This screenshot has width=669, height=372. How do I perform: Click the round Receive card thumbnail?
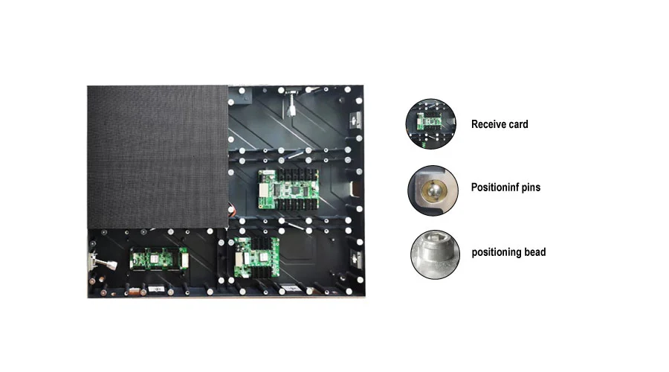tap(431, 124)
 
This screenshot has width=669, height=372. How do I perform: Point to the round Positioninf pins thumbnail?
tap(431, 190)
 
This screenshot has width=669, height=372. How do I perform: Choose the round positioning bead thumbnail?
tap(435, 254)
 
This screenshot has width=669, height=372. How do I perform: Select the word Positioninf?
tap(497, 187)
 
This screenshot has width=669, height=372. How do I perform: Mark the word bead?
tap(534, 252)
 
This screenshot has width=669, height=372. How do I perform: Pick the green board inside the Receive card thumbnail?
tap(428, 121)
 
